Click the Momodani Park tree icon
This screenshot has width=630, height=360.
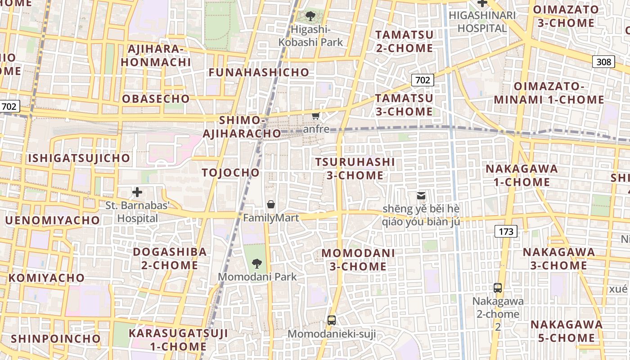256,263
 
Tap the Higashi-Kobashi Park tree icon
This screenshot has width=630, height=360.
310,17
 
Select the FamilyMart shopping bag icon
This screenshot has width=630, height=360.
271,205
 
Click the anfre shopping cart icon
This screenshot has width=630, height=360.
316,117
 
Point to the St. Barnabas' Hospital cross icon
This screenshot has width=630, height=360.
137,193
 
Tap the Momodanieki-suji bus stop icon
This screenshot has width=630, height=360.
332,320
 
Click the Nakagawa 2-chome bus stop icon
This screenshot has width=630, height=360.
498,288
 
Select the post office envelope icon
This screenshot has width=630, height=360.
421,196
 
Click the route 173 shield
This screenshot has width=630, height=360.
506,232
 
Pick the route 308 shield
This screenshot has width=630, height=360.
603,62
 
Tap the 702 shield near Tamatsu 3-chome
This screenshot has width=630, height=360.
423,80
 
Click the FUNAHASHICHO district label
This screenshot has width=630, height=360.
259,72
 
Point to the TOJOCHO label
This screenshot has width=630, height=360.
231,173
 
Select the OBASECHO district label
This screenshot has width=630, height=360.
156,99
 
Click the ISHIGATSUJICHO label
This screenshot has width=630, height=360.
79,158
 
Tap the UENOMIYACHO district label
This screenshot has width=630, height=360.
52,220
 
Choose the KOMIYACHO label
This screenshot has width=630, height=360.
46,278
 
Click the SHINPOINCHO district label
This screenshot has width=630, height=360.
56,338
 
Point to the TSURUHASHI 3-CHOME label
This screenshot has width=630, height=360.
355,169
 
